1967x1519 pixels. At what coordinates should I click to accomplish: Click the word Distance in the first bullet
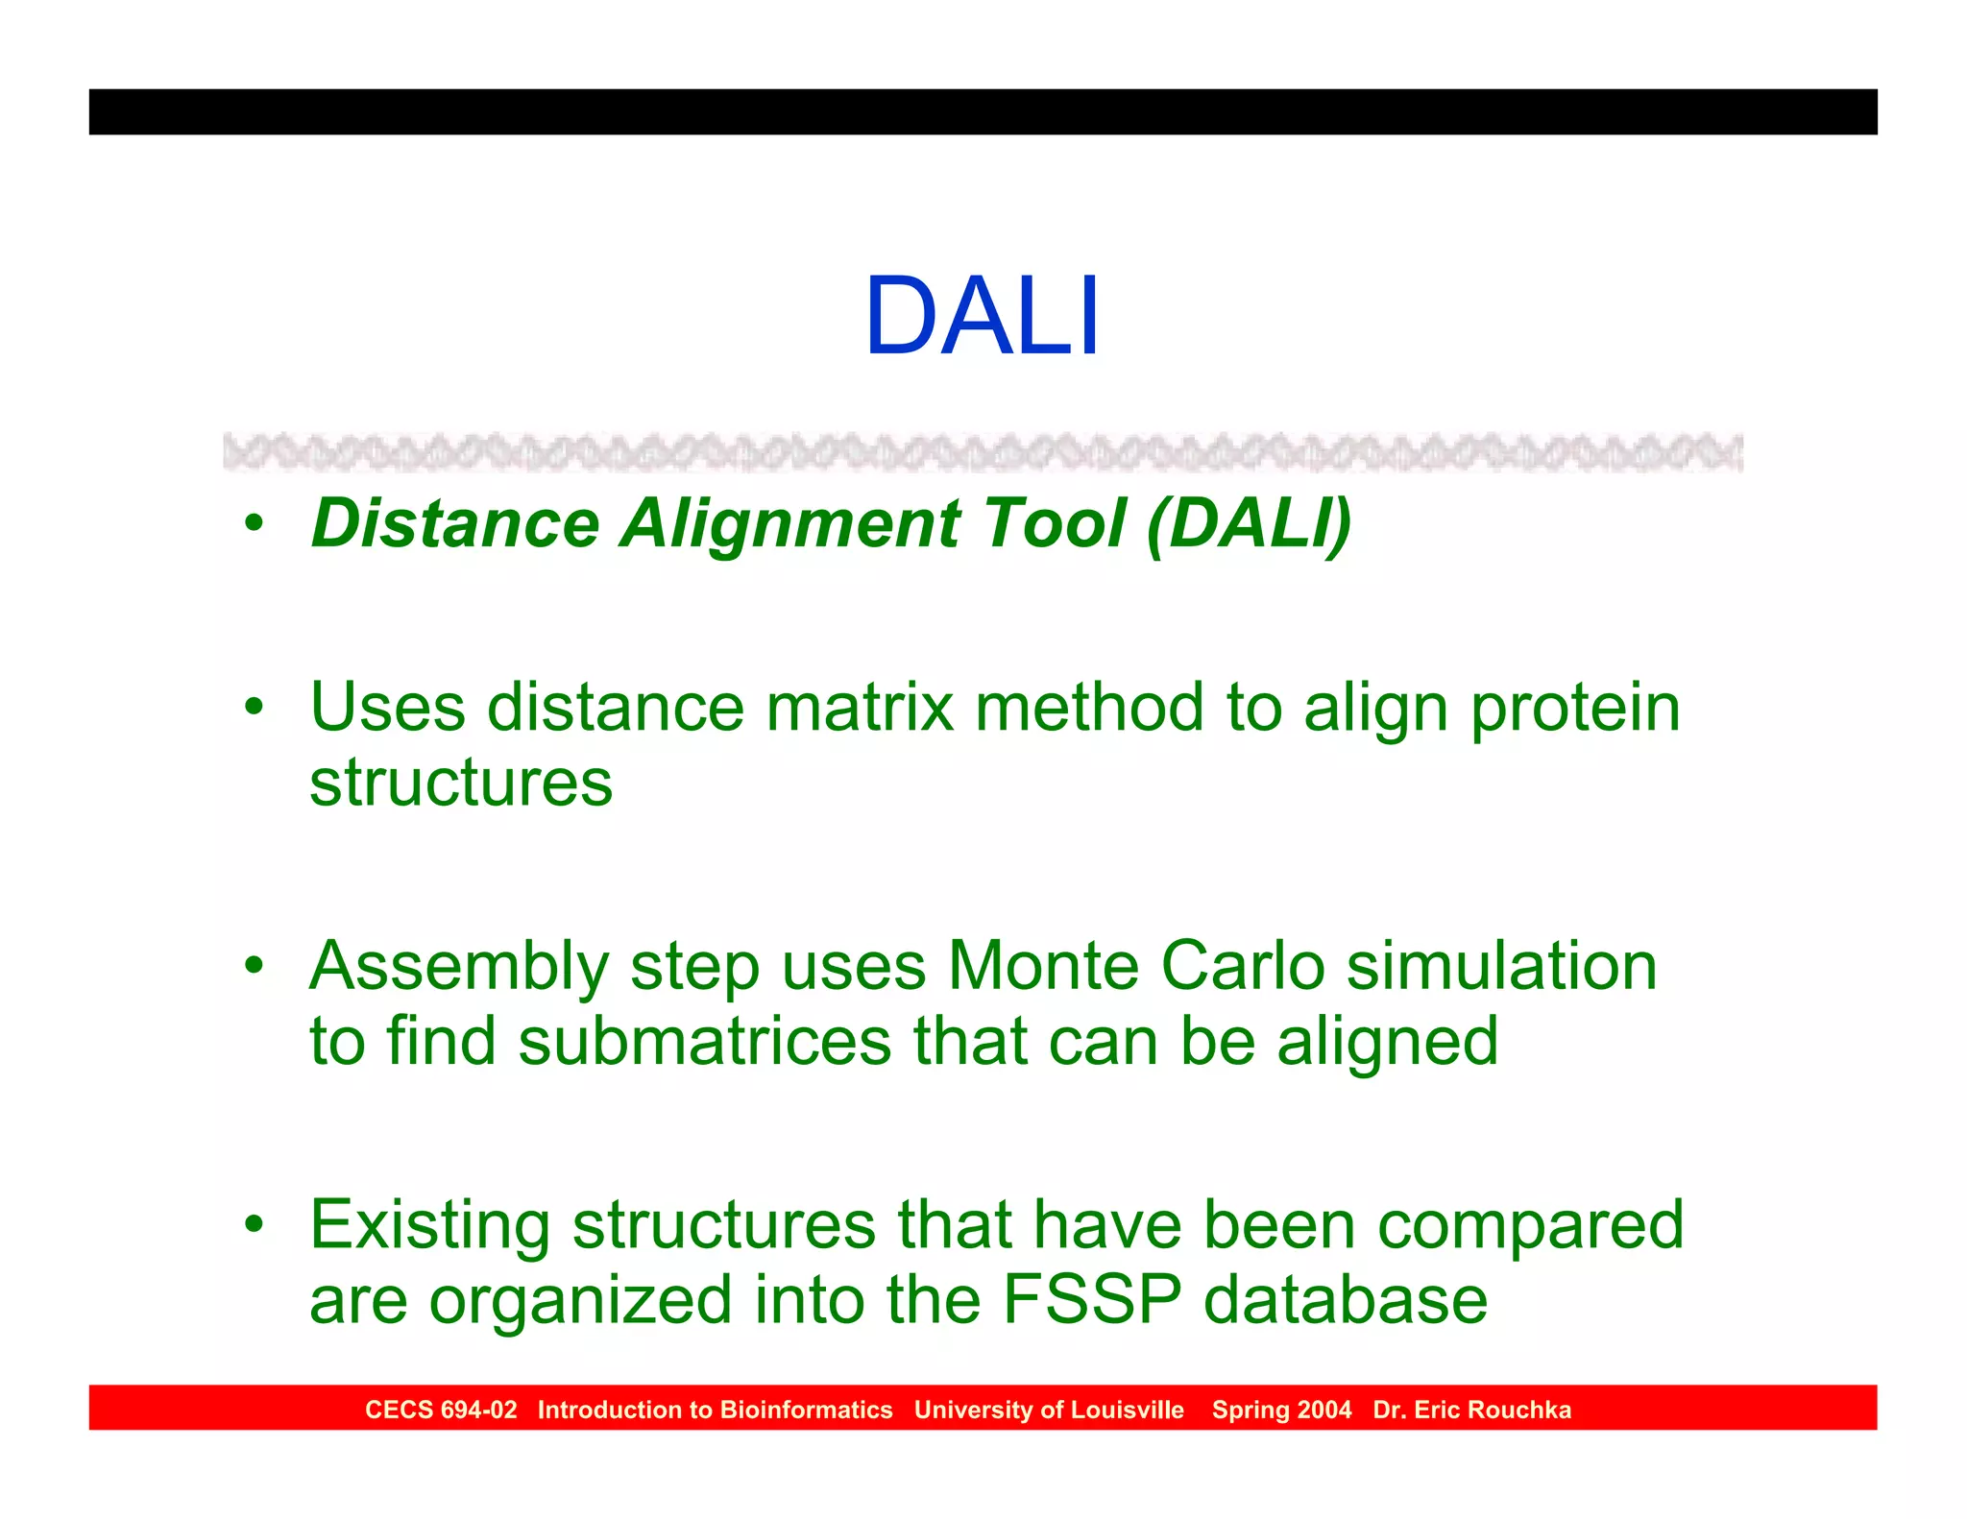click(x=455, y=524)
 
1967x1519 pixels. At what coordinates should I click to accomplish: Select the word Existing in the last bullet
click(x=429, y=1227)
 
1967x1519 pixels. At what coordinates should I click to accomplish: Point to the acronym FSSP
click(x=1091, y=1300)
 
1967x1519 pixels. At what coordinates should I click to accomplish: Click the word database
click(x=1345, y=1300)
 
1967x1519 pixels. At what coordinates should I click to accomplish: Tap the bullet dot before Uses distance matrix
click(x=253, y=709)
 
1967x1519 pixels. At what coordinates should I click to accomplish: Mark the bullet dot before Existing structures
click(x=253, y=1225)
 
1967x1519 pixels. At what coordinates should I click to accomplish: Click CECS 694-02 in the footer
click(x=441, y=1410)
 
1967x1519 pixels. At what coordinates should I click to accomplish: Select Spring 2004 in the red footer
click(x=1281, y=1410)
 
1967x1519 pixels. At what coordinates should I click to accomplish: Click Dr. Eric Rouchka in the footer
click(x=1471, y=1410)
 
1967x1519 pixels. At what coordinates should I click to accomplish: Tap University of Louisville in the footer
click(x=1049, y=1410)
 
